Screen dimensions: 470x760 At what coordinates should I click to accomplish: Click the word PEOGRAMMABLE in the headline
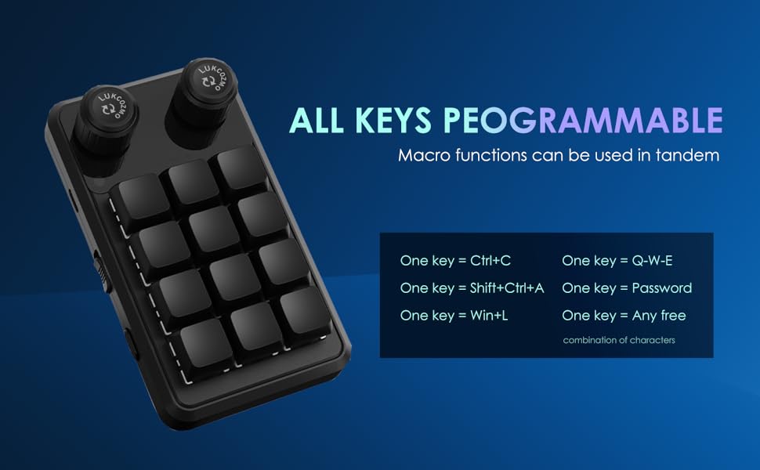pos(582,121)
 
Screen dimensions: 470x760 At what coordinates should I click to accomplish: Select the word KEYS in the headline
pos(397,121)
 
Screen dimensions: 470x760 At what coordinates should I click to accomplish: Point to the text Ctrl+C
pos(490,261)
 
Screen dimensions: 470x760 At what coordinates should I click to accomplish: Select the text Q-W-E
pos(652,261)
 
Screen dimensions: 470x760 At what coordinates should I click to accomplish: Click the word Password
pos(662,288)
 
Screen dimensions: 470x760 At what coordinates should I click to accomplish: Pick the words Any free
pos(659,316)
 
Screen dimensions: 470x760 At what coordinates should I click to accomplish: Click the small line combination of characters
pos(619,340)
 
